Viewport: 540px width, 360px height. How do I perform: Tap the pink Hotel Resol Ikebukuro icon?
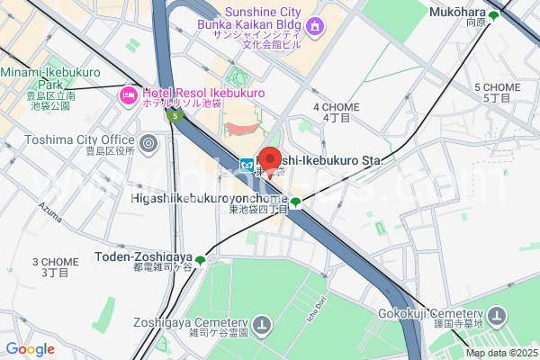pyautogui.click(x=128, y=94)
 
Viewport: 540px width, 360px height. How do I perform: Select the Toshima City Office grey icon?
pyautogui.click(x=148, y=142)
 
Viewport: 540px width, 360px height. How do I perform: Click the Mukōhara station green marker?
pyautogui.click(x=492, y=16)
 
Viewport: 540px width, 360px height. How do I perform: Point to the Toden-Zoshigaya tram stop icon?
pyautogui.click(x=200, y=261)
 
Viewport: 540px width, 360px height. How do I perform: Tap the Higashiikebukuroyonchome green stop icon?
pyautogui.click(x=295, y=202)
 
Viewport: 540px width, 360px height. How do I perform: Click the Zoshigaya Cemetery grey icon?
pyautogui.click(x=262, y=323)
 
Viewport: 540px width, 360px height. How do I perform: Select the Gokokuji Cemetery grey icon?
pyautogui.click(x=497, y=316)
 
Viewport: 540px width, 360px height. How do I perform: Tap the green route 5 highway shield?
pyautogui.click(x=174, y=115)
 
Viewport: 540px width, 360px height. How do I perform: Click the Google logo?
pyautogui.click(x=30, y=349)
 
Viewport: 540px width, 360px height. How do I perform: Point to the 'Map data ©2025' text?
pyautogui.click(x=501, y=352)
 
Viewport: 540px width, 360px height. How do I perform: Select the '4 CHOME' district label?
pyautogui.click(x=336, y=107)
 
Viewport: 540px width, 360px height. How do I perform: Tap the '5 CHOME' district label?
pyautogui.click(x=497, y=86)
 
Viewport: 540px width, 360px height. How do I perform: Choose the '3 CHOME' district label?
pyautogui.click(x=56, y=262)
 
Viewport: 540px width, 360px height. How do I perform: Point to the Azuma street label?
pyautogui.click(x=51, y=209)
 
